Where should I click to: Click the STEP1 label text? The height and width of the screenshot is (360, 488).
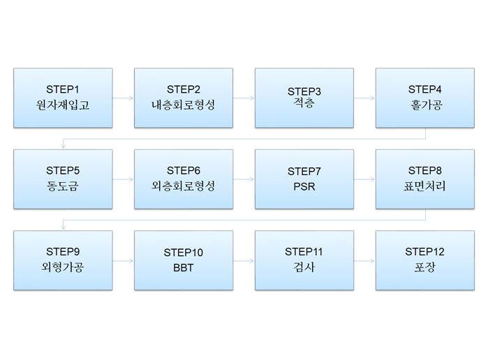[x=63, y=89]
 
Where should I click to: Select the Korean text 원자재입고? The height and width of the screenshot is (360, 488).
[x=63, y=105]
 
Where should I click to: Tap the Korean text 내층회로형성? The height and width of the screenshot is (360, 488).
[x=184, y=105]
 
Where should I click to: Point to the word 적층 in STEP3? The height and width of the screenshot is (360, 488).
[x=304, y=103]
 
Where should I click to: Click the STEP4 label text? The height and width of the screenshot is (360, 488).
[x=425, y=89]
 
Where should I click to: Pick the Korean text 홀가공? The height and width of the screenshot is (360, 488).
[x=425, y=105]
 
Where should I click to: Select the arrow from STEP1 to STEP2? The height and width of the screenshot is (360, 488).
[x=123, y=98]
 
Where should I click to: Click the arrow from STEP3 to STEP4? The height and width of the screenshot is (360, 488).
[x=364, y=98]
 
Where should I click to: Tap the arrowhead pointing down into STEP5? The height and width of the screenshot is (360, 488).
[x=63, y=146]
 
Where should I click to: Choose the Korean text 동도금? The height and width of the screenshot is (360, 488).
[x=63, y=186]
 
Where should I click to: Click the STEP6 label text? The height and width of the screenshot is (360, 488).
[x=184, y=170]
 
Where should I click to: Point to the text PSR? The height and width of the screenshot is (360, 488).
[x=304, y=187]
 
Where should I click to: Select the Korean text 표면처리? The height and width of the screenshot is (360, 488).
[x=425, y=186]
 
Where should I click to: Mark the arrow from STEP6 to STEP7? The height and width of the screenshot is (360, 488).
[x=244, y=179]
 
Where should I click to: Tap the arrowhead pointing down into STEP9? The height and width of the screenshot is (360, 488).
[x=63, y=227]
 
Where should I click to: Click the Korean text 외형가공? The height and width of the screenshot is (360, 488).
[x=63, y=267]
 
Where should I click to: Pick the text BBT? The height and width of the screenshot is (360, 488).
[x=184, y=268]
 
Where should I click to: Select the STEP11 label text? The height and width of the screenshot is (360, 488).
[x=304, y=252]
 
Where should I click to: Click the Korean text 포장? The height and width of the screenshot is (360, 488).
[x=425, y=267]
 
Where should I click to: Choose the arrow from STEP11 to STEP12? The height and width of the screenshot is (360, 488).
[x=364, y=261]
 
